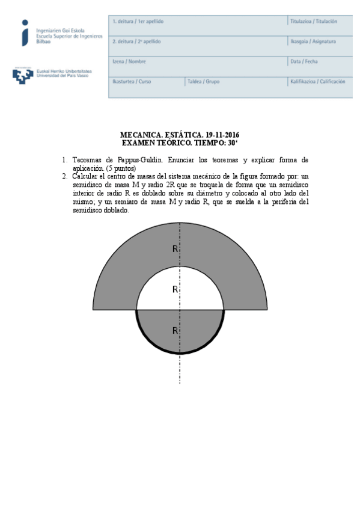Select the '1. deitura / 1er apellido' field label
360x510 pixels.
[x=138, y=22]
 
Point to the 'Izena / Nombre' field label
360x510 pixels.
[x=129, y=61]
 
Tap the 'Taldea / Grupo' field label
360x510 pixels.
[x=203, y=81]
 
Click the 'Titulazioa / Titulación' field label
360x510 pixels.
[x=314, y=22]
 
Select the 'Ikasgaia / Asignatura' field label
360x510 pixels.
[x=313, y=41]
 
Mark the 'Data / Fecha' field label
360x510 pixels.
[x=304, y=61]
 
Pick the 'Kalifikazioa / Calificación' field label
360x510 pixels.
[x=317, y=81]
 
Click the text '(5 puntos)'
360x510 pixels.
[x=121, y=168]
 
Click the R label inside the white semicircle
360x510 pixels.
[x=175, y=289]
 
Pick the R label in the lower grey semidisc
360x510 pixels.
[x=175, y=330]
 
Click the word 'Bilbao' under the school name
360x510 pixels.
[x=44, y=42]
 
